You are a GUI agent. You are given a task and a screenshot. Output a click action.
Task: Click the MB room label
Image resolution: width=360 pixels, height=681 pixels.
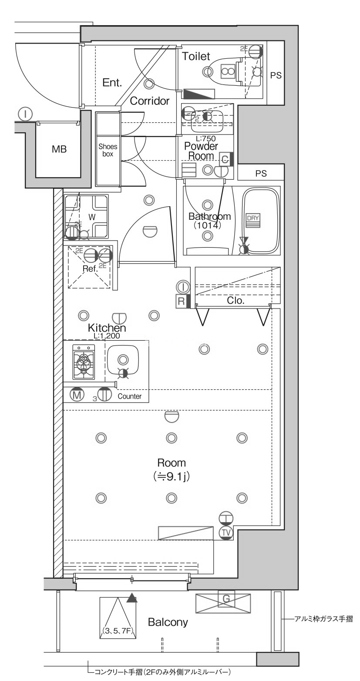click(x=59, y=149)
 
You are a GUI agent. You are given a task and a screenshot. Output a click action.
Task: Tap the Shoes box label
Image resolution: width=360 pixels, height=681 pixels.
click(x=108, y=150)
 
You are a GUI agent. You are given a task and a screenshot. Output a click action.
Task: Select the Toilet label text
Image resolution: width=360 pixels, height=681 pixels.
click(x=196, y=56)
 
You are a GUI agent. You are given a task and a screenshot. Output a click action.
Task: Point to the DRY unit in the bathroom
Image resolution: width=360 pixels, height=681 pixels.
click(x=252, y=220)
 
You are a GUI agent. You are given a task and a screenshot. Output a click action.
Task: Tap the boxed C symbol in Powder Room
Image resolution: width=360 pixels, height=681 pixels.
click(x=225, y=159)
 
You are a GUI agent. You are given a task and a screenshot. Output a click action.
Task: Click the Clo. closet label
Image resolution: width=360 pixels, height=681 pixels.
click(x=235, y=300)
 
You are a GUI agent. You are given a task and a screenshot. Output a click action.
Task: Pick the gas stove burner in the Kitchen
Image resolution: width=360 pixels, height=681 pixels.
click(x=84, y=361)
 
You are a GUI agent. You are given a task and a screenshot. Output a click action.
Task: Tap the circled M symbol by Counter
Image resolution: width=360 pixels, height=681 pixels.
click(x=77, y=395)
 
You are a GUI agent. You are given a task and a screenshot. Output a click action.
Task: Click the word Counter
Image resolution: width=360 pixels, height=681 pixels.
click(x=129, y=396)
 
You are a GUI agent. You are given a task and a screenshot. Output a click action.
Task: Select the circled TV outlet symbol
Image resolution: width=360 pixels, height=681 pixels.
click(x=225, y=532)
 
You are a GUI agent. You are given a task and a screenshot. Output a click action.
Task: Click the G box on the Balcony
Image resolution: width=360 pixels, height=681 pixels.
click(x=226, y=599)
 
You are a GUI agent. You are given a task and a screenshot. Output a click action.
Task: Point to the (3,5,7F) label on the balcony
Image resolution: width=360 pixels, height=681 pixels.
click(x=118, y=630)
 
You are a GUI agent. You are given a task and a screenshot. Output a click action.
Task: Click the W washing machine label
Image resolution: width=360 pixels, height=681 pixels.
click(x=92, y=217)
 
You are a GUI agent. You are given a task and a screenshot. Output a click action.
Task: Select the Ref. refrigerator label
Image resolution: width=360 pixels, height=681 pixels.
click(x=90, y=268)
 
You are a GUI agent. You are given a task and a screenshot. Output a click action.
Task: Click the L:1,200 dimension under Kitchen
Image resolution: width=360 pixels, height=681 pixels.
click(x=107, y=336)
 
